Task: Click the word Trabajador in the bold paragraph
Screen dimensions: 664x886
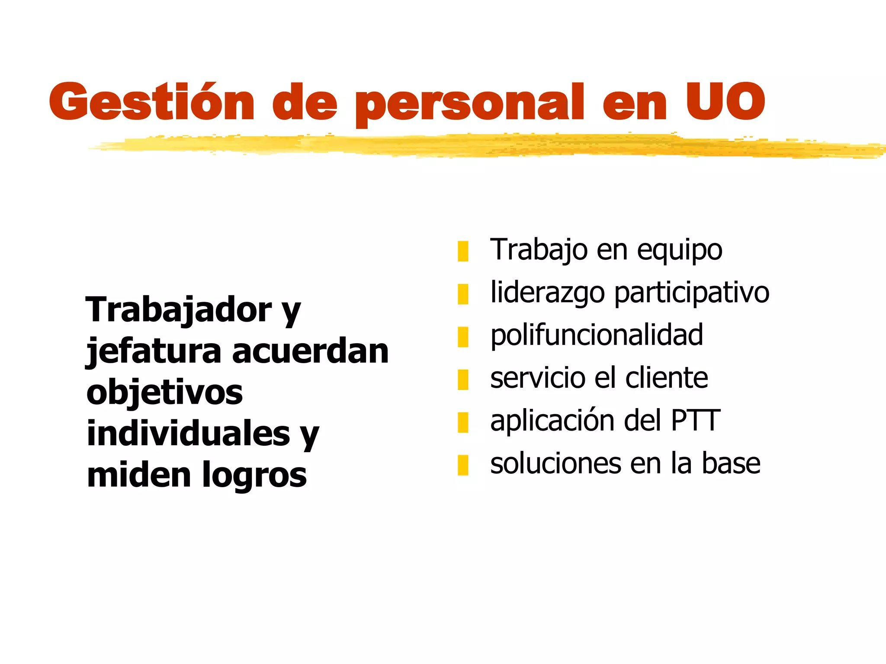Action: point(179,310)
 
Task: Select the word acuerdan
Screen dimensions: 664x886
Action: point(310,351)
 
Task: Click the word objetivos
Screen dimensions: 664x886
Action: point(164,393)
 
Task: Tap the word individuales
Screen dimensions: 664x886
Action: point(188,434)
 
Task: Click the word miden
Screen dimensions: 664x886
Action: point(139,475)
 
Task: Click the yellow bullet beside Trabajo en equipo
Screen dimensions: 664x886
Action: point(463,251)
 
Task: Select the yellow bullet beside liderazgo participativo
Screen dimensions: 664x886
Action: point(463,294)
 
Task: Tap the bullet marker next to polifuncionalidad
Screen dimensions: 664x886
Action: point(463,337)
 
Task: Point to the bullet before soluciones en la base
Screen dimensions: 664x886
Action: point(463,465)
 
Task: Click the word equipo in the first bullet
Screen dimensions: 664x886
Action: point(679,251)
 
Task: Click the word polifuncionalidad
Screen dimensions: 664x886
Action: point(597,335)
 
